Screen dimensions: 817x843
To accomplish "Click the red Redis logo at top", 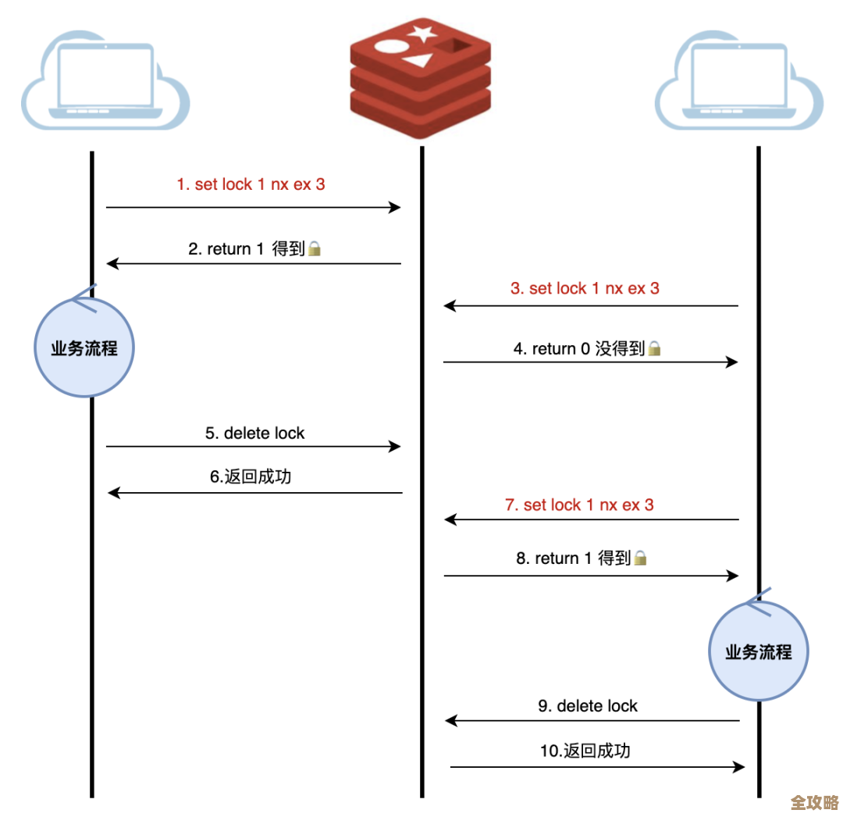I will coord(421,77).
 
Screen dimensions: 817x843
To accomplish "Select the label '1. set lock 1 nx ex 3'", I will coord(251,185).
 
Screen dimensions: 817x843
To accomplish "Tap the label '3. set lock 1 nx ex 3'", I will coord(585,288).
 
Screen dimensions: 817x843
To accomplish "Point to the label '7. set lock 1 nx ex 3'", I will coord(579,505).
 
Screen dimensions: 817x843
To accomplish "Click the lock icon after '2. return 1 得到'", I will coord(315,249).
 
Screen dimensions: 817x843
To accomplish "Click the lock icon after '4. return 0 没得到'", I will coord(655,348).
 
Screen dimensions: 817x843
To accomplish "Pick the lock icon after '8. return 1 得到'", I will coord(640,558).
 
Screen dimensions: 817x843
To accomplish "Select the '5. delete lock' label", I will coord(255,433).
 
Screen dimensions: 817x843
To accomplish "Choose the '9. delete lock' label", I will coord(588,706).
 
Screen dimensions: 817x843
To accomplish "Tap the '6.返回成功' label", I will coord(251,476).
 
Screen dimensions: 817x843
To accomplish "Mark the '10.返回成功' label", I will coord(585,751).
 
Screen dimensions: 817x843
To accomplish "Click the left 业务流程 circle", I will coord(84,348).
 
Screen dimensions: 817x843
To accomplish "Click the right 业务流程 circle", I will coord(758,651).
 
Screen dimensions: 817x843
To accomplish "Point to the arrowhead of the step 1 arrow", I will coord(396,207).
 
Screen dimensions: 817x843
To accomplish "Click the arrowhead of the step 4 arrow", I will coord(733,362).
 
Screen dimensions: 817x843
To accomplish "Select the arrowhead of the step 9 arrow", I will coord(450,721).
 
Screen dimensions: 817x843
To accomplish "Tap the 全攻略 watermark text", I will coord(814,803).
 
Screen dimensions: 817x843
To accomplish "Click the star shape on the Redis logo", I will coord(422,34).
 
